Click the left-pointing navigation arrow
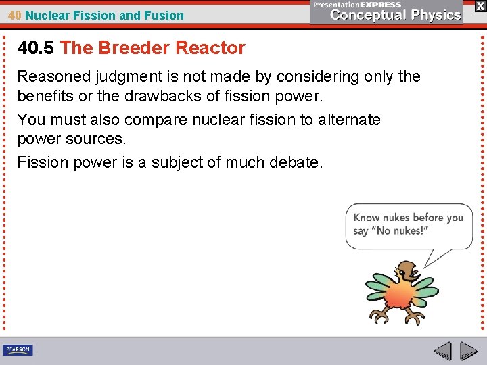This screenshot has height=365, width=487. coord(443,351)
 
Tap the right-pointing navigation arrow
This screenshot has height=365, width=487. coord(469,351)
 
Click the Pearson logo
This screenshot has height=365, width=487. coord(18,349)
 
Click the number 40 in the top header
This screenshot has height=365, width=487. coord(14,15)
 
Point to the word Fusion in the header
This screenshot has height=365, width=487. coord(166,15)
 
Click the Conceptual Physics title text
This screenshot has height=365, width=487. coord(396,15)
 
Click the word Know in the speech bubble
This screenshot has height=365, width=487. coord(367,218)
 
